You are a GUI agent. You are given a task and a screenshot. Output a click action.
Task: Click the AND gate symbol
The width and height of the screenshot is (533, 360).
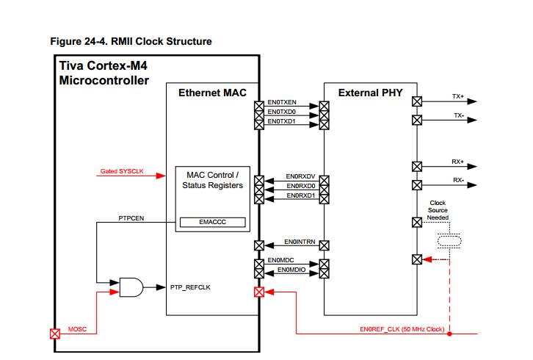pyautogui.click(x=131, y=287)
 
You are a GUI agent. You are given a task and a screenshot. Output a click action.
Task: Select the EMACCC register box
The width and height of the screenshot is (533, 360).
pyautogui.click(x=212, y=221)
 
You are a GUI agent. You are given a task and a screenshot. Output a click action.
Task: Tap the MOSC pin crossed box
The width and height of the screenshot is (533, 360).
pyautogui.click(x=54, y=333)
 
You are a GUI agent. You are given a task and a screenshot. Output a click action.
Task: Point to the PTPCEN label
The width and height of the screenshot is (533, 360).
pyautogui.click(x=131, y=218)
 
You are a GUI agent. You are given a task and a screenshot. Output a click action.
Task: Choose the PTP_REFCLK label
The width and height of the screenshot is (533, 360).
pyautogui.click(x=190, y=287)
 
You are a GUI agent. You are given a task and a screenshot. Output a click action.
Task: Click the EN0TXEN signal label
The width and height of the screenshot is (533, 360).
pyautogui.click(x=282, y=102)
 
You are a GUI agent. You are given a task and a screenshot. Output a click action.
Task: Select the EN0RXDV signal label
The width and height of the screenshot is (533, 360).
pyautogui.click(x=300, y=177)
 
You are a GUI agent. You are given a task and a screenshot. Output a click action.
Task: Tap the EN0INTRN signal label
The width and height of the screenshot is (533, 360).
pyautogui.click(x=300, y=242)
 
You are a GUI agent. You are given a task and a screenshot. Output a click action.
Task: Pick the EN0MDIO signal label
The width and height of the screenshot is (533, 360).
pyautogui.click(x=292, y=270)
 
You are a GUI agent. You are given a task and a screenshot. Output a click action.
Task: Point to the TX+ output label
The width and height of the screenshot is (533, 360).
pyautogui.click(x=458, y=96)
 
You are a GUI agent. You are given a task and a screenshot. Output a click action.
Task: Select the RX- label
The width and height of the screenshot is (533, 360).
pyautogui.click(x=458, y=180)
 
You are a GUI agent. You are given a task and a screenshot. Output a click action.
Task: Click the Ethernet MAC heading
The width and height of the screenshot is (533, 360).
pyautogui.click(x=212, y=93)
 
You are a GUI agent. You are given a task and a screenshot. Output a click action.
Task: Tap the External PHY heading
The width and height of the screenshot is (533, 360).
pyautogui.click(x=370, y=93)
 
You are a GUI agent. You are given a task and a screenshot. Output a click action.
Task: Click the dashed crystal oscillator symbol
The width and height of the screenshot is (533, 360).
pyautogui.click(x=449, y=241)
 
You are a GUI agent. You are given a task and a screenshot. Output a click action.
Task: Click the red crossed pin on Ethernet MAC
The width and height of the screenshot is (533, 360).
pyautogui.click(x=258, y=292)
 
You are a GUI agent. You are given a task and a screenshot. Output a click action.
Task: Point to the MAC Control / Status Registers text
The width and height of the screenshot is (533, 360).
pyautogui.click(x=212, y=181)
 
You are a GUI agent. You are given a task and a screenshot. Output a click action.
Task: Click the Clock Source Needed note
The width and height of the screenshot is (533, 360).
pyautogui.click(x=438, y=210)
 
